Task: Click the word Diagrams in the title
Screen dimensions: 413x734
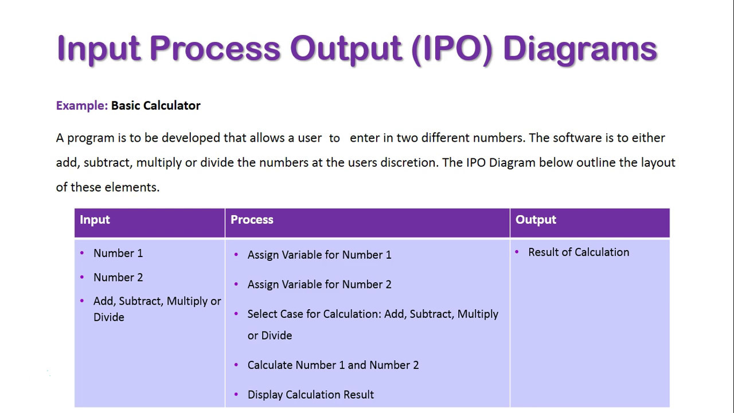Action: pyautogui.click(x=580, y=49)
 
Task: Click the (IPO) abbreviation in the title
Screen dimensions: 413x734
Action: pyautogui.click(x=452, y=49)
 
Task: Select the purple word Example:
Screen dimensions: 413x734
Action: pyautogui.click(x=81, y=106)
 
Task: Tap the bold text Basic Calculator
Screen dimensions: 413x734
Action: pyautogui.click(x=155, y=106)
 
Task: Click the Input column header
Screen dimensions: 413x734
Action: pyautogui.click(x=95, y=220)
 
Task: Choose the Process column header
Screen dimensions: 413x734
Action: pyautogui.click(x=252, y=220)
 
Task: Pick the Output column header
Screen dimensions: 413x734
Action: pyautogui.click(x=536, y=220)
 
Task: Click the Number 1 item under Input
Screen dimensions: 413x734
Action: pyautogui.click(x=118, y=253)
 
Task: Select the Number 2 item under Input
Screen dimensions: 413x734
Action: pyautogui.click(x=118, y=277)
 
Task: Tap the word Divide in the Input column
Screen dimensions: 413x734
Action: pyautogui.click(x=109, y=317)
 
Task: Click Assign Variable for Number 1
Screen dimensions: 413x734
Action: pyautogui.click(x=319, y=255)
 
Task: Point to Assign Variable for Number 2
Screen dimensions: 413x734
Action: pyautogui.click(x=319, y=285)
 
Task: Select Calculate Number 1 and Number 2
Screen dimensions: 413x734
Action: pyautogui.click(x=333, y=365)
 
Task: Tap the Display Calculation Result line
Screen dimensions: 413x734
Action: pyautogui.click(x=310, y=395)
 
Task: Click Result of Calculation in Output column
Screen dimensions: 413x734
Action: pyautogui.click(x=579, y=252)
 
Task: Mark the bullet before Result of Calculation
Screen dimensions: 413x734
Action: pyautogui.click(x=517, y=252)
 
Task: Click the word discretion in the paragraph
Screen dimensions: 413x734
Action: pyautogui.click(x=409, y=162)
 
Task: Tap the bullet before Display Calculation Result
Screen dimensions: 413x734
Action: pyautogui.click(x=236, y=394)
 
